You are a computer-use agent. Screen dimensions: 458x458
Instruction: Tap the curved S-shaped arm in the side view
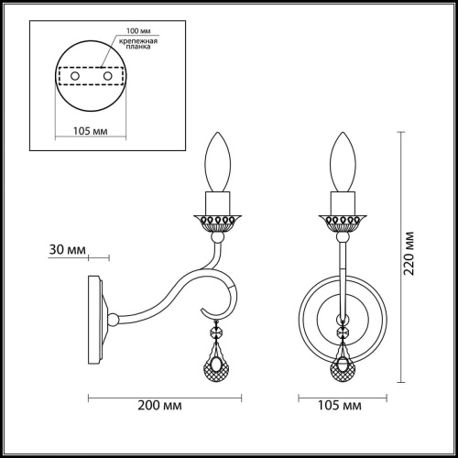(x=174, y=291)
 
